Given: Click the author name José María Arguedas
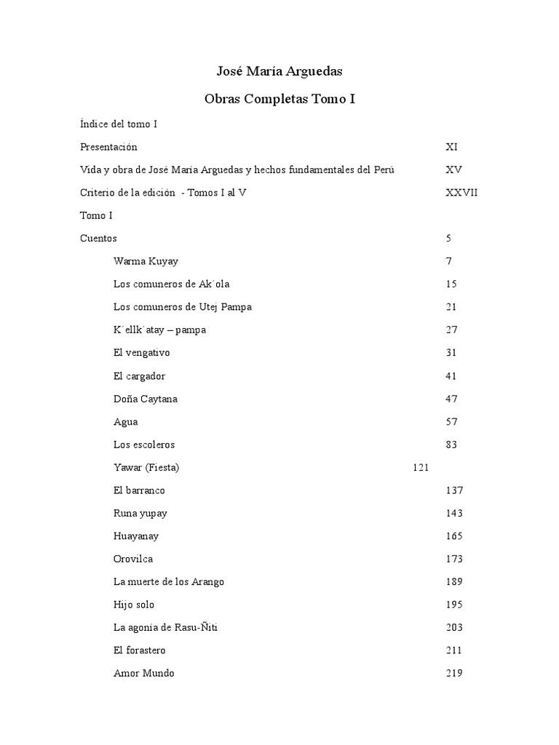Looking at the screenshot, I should (279, 71).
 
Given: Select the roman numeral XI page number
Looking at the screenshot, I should (451, 147).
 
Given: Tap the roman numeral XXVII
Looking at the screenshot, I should (461, 193).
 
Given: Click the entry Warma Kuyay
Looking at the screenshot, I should (146, 261).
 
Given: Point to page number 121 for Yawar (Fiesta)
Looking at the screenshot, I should (420, 468).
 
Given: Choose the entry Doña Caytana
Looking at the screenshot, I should (146, 399).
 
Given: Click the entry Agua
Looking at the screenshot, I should (125, 422).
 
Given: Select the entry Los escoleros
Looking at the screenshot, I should (144, 445).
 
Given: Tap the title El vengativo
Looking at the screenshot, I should (142, 353).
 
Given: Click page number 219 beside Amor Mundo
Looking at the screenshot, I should (454, 674).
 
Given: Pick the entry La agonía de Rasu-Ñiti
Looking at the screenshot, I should (166, 628).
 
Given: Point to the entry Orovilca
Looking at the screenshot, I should (133, 559).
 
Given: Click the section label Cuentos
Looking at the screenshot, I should (98, 239).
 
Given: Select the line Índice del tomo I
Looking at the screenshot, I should (119, 124).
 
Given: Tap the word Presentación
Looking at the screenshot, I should (108, 147).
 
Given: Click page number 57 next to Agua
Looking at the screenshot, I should (451, 422).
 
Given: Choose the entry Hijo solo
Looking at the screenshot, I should (134, 605).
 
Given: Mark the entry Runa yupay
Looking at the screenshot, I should (140, 514).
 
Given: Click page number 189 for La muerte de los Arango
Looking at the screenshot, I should (454, 582).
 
